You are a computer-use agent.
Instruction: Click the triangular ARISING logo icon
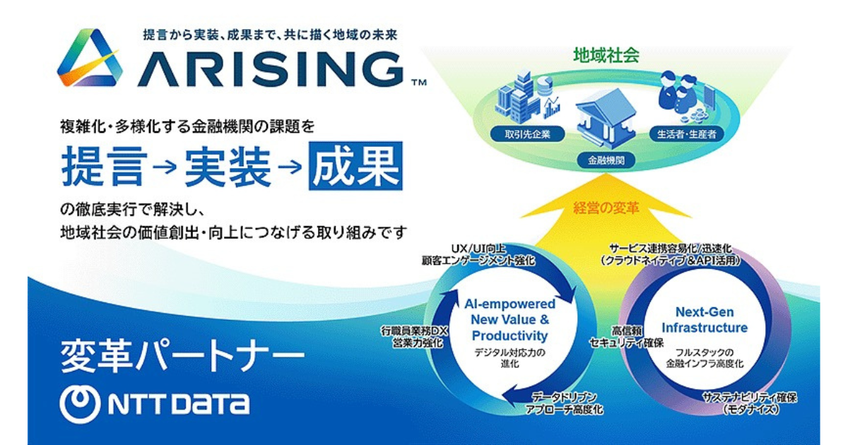[90, 57]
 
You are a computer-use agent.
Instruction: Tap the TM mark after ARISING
[419, 82]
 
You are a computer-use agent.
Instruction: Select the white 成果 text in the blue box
[355, 166]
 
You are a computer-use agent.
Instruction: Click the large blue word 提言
[105, 166]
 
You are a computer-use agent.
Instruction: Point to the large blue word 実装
[228, 166]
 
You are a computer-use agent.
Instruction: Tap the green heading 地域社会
[606, 55]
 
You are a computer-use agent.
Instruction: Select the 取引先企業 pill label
[527, 134]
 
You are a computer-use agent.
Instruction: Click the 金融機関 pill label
[606, 160]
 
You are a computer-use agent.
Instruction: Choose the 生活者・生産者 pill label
[687, 134]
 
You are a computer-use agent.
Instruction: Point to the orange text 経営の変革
[606, 208]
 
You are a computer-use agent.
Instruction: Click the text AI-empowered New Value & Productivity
[510, 319]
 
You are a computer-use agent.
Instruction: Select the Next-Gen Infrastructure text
[705, 320]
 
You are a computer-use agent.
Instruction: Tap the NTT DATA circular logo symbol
[81, 404]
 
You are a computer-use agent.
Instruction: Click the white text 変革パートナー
[182, 356]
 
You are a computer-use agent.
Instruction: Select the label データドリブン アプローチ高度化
[564, 403]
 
